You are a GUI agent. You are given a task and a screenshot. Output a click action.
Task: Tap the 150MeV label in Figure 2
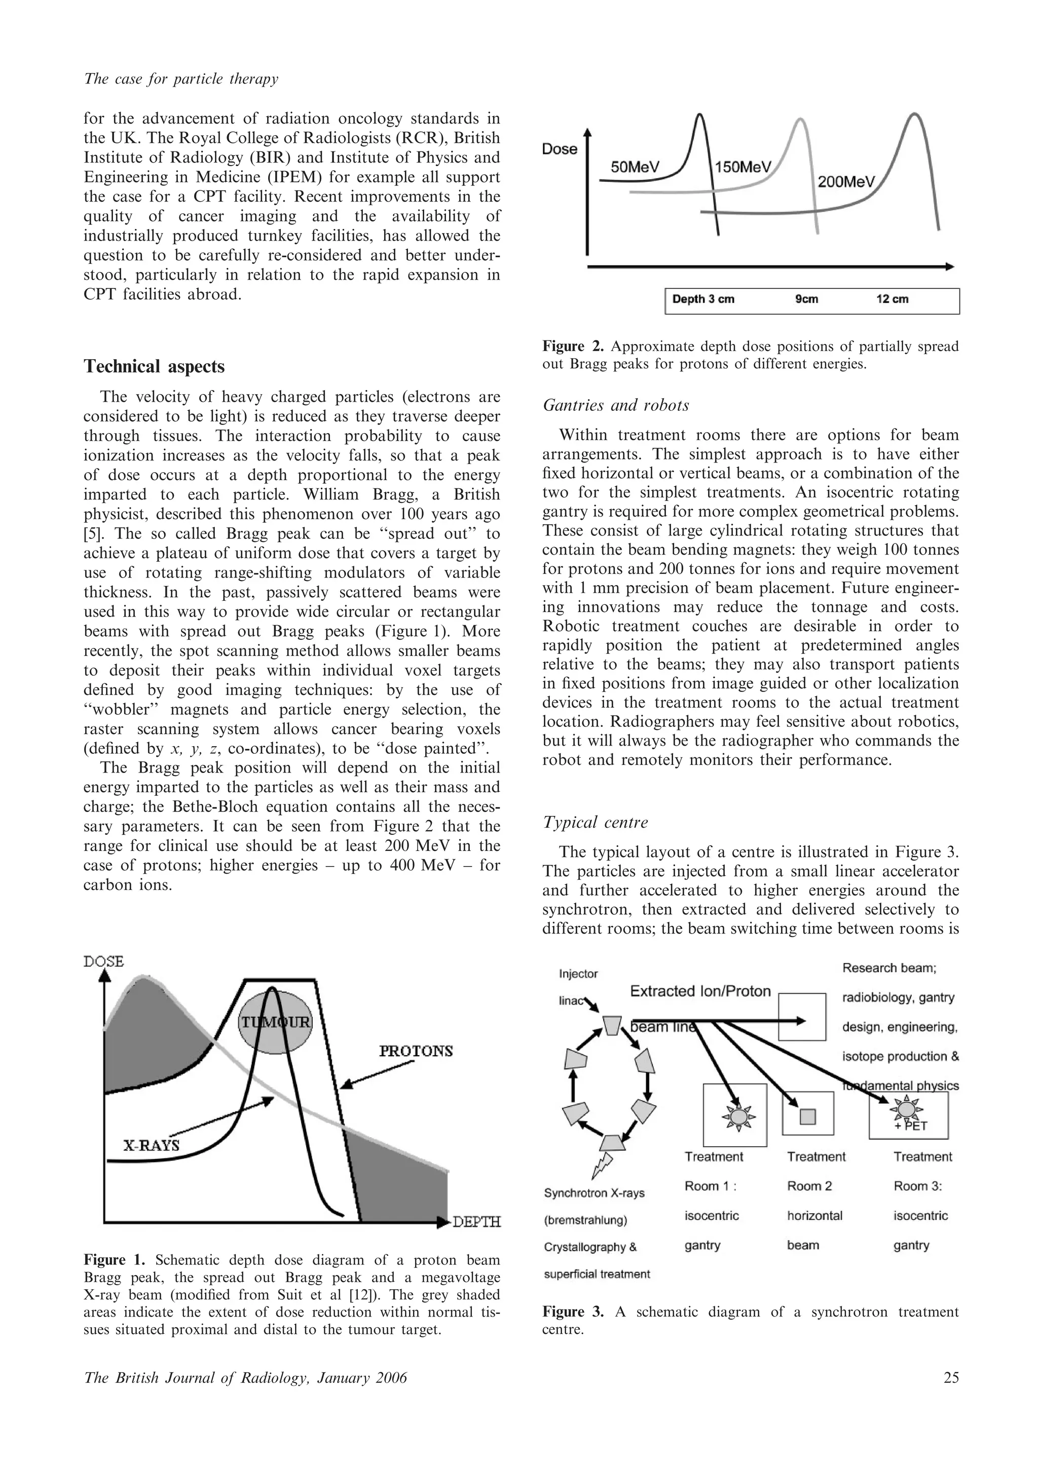743,168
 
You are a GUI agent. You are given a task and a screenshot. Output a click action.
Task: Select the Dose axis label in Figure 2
559,149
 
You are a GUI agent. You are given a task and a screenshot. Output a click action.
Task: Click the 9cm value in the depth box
806,299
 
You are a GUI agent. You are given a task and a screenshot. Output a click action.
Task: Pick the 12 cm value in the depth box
892,299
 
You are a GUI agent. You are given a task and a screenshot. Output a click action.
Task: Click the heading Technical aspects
154,366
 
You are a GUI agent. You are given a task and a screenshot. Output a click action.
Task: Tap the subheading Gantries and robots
615,405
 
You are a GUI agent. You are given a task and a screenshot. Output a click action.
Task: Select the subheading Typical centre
595,822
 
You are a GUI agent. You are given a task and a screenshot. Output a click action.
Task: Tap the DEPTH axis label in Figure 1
476,1222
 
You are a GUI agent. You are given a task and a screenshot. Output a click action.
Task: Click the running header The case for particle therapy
181,79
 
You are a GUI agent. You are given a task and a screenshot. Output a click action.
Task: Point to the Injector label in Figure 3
578,974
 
